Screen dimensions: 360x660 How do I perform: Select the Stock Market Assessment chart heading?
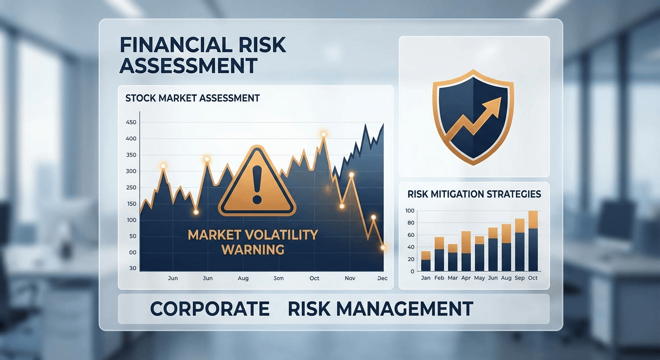(x=192, y=98)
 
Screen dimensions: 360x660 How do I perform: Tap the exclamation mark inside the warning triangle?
(x=256, y=185)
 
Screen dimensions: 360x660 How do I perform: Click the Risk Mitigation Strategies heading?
(x=474, y=194)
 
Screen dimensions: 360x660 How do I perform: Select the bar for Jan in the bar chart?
(x=426, y=262)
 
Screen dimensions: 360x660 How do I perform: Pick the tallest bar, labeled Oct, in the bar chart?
(x=533, y=241)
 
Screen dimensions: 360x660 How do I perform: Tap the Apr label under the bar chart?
(x=466, y=278)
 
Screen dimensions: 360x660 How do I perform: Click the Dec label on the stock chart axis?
(x=382, y=278)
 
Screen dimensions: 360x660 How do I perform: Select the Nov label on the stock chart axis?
(x=350, y=278)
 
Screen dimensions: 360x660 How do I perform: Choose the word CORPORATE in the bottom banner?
(x=210, y=309)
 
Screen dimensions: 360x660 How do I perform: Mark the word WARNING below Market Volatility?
(x=253, y=249)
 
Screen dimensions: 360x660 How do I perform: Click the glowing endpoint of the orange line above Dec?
(x=383, y=247)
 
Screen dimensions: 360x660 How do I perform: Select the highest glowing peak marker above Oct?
(x=323, y=135)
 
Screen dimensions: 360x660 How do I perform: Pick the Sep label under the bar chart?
(x=519, y=278)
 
